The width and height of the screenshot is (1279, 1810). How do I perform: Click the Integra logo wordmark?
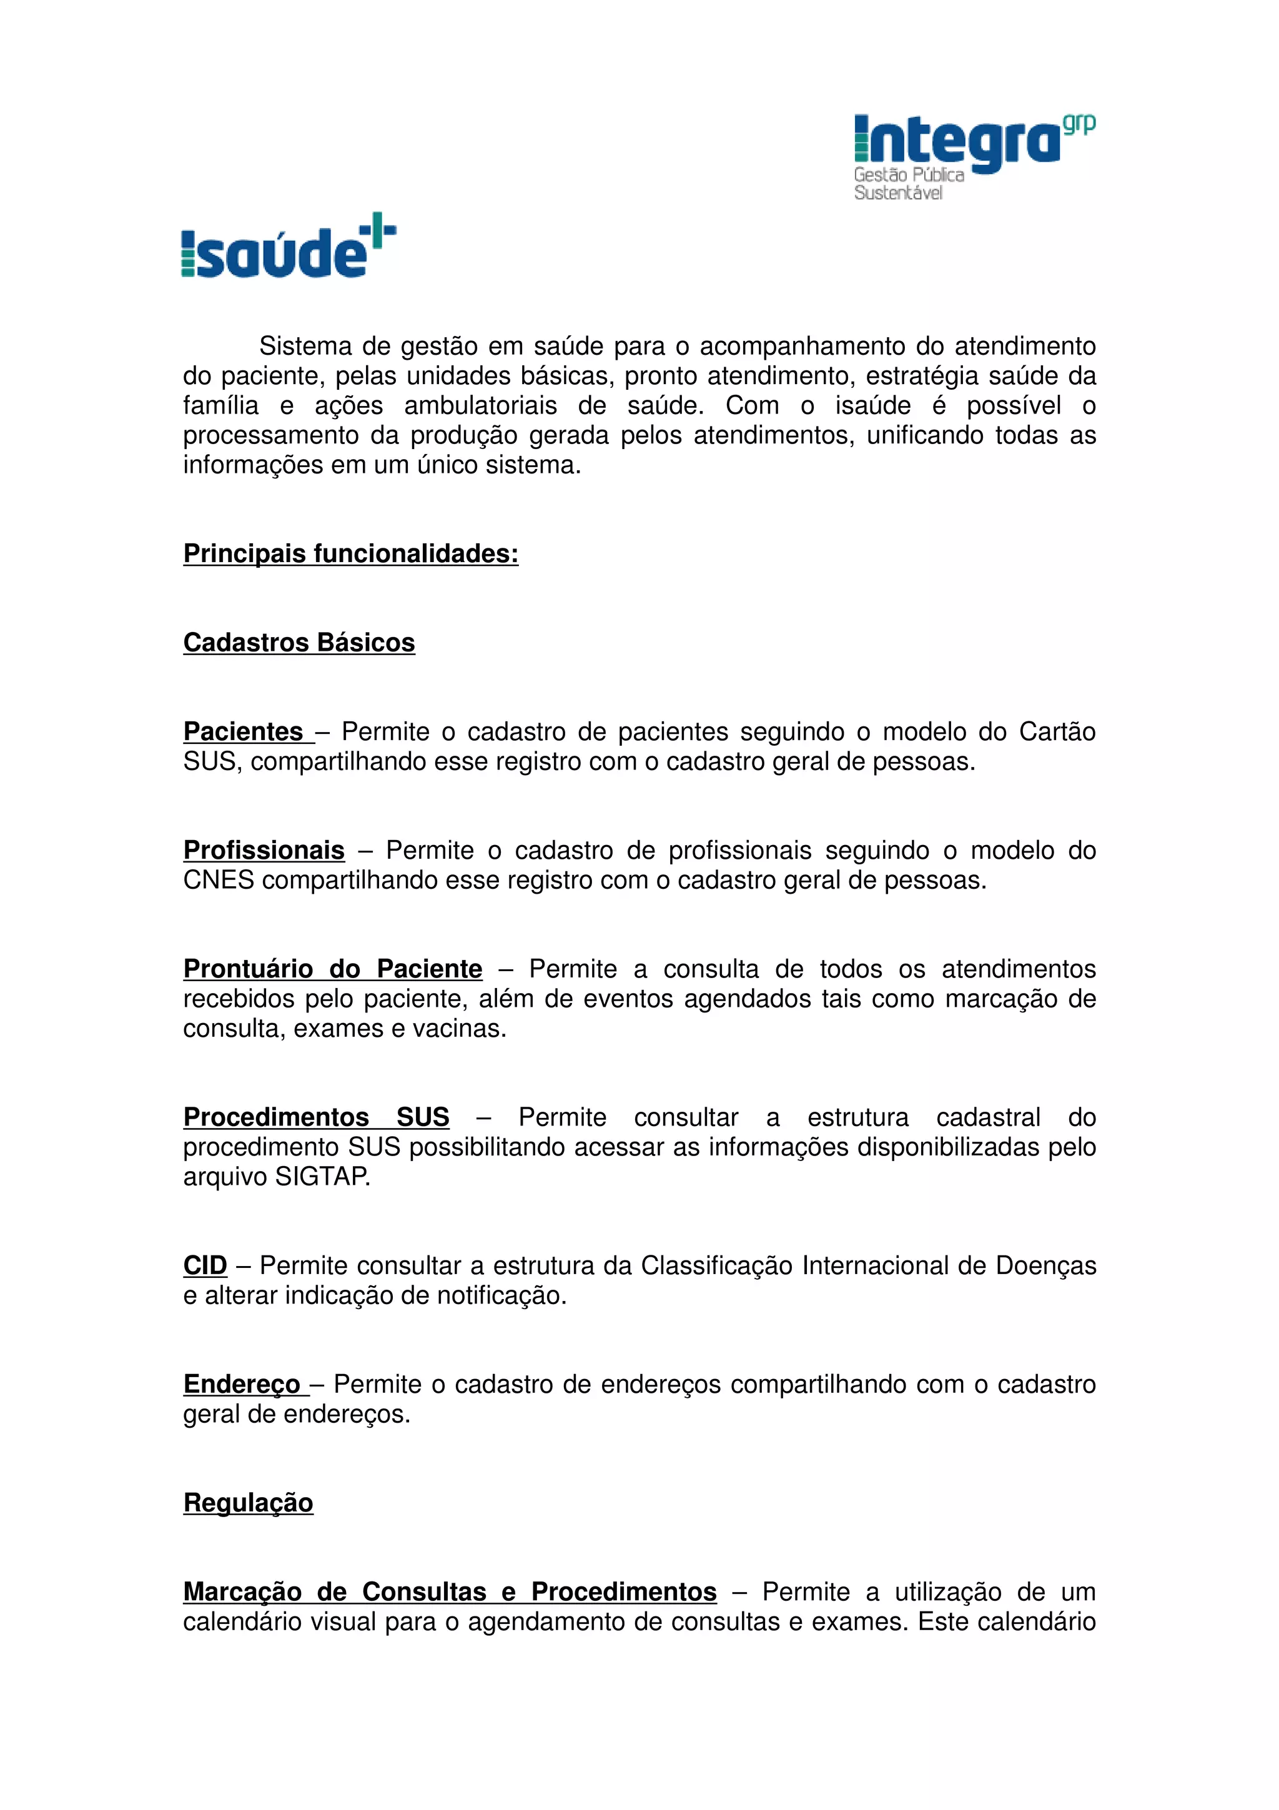click(x=958, y=142)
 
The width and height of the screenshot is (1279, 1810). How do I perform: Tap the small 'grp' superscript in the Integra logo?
click(x=1078, y=124)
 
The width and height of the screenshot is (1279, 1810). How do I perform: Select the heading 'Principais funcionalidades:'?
click(x=351, y=553)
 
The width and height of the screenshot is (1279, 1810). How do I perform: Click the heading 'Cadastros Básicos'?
click(x=299, y=643)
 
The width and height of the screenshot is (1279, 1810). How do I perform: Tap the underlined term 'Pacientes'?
click(x=244, y=731)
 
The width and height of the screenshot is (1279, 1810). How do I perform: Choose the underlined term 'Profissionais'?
click(x=264, y=850)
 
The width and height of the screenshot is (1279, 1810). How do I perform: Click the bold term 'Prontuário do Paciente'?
click(x=333, y=968)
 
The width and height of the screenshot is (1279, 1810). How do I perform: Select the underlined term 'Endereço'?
click(x=242, y=1383)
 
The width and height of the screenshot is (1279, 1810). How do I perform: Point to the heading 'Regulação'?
click(x=248, y=1503)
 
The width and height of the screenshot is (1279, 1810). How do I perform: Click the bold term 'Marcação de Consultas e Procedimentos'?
click(x=450, y=1591)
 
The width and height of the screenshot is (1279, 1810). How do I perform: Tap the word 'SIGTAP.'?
click(x=322, y=1176)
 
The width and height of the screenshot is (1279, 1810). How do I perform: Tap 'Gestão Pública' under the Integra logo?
click(x=909, y=174)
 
